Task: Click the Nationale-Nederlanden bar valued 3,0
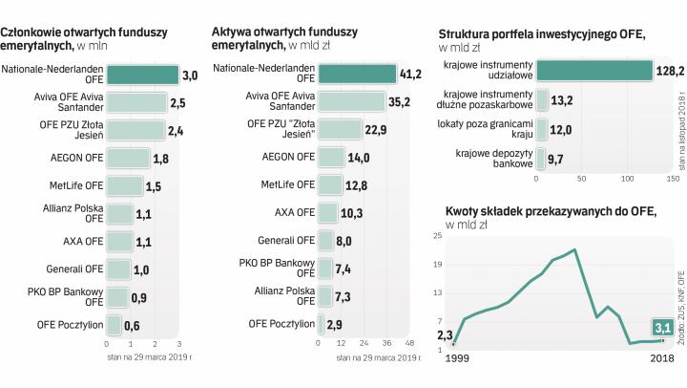click(x=142, y=75)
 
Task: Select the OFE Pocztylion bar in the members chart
click(x=114, y=325)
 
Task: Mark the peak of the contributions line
click(x=575, y=249)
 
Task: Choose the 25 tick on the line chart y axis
click(x=439, y=235)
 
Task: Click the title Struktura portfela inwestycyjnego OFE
click(x=540, y=33)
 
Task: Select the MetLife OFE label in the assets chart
click(x=287, y=184)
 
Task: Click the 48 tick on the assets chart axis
click(x=409, y=342)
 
